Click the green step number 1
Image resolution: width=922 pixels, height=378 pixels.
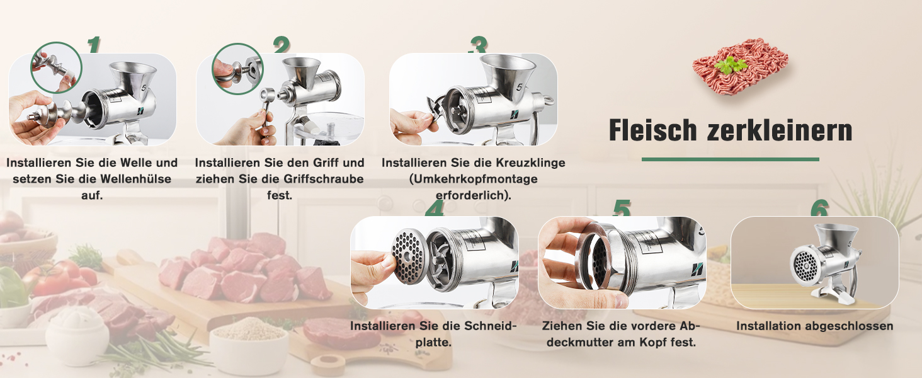(x=94, y=45)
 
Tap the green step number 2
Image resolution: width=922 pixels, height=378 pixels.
(x=282, y=45)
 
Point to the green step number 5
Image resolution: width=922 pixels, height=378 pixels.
(x=622, y=208)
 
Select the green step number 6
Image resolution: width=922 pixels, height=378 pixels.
(x=819, y=208)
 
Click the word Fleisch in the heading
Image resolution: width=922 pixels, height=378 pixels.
(x=652, y=130)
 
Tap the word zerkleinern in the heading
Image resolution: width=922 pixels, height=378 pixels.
(x=780, y=130)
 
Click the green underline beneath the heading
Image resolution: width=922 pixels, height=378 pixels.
(x=730, y=159)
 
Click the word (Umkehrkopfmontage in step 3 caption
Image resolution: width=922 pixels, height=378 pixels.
(x=474, y=179)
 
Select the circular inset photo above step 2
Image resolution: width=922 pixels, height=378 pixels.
(x=237, y=69)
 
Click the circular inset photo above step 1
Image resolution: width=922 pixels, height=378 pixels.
(x=57, y=67)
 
